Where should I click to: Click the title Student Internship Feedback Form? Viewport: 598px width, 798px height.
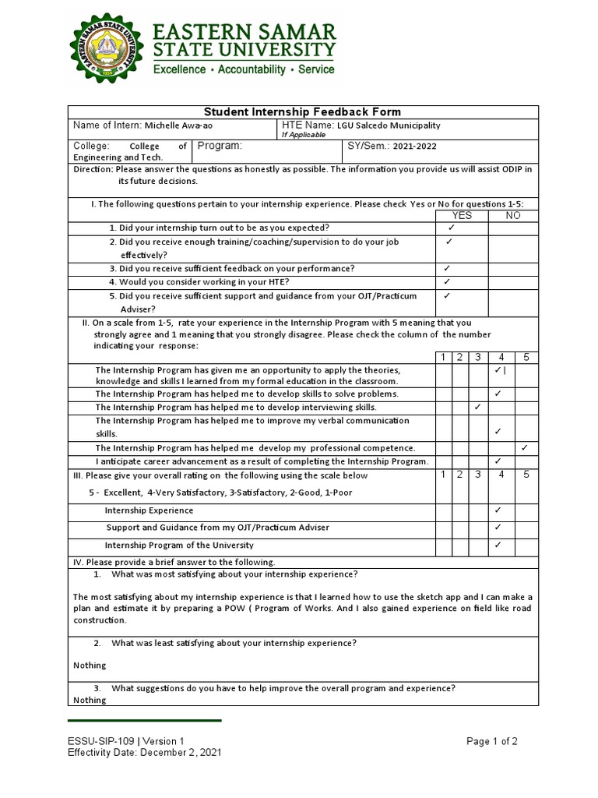(x=302, y=111)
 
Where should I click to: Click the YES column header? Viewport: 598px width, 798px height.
(x=462, y=215)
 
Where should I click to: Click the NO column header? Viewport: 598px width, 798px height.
(x=513, y=215)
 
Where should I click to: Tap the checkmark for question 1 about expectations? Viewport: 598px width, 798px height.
(x=451, y=228)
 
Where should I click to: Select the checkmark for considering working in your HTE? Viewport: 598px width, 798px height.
(x=447, y=281)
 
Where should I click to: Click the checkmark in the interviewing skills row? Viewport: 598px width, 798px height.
(x=477, y=407)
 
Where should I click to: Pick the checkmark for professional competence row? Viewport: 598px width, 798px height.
(x=525, y=447)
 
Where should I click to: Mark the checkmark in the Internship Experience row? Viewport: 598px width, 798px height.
(x=498, y=510)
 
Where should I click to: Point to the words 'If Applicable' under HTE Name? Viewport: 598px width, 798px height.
(x=304, y=135)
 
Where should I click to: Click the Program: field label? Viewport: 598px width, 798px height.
(x=220, y=146)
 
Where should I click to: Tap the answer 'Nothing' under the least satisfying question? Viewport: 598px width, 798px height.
(x=90, y=666)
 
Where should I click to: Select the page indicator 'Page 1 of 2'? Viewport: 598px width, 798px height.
(x=492, y=741)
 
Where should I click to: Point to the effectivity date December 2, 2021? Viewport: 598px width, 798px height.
(x=181, y=753)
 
